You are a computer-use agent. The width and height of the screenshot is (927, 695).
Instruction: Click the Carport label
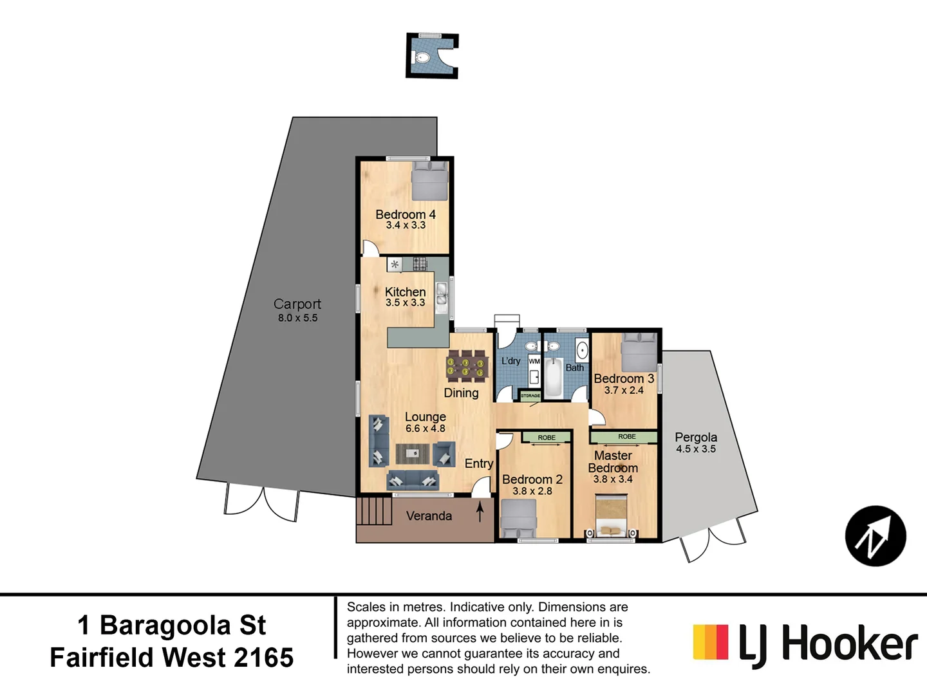click(297, 304)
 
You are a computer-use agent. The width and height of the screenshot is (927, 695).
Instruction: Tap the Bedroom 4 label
click(406, 214)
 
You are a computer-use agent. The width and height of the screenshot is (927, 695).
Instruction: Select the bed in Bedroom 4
click(429, 181)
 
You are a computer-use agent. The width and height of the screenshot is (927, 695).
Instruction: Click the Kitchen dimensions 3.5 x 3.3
click(406, 302)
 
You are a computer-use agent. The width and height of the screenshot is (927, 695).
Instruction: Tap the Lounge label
click(425, 417)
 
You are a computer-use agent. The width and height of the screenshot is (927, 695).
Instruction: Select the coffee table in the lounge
click(412, 454)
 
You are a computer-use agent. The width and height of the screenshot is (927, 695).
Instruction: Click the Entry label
click(479, 463)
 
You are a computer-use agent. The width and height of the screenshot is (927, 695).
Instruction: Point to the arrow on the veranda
click(480, 512)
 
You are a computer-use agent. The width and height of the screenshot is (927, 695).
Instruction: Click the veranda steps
click(374, 512)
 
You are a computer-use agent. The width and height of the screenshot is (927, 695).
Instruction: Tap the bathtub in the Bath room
click(553, 377)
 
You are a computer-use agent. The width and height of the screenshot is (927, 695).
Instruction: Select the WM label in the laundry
click(534, 362)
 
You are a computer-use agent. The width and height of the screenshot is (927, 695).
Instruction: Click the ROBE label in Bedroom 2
click(547, 438)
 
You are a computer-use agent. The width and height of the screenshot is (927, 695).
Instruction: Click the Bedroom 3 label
click(624, 378)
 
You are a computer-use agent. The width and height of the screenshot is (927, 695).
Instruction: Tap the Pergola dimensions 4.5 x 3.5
click(696, 449)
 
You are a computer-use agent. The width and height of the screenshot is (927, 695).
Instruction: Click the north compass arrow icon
click(876, 536)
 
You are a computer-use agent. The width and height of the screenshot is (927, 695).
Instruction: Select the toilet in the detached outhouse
click(422, 59)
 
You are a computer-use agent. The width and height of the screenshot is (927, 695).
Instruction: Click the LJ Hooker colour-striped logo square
click(711, 642)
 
